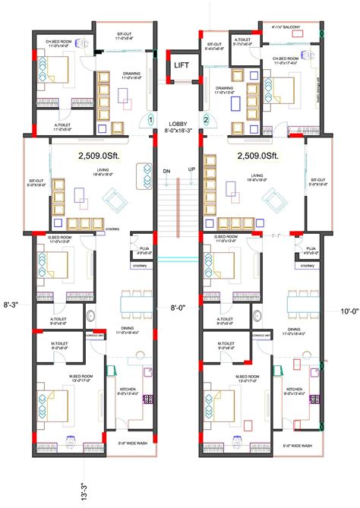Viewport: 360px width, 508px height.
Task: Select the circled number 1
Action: [151, 119]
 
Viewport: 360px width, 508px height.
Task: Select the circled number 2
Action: [205, 119]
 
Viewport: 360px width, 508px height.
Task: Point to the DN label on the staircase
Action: [166, 171]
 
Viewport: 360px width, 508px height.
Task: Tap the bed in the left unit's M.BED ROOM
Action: [51, 403]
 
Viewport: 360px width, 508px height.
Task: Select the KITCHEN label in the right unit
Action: [295, 388]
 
